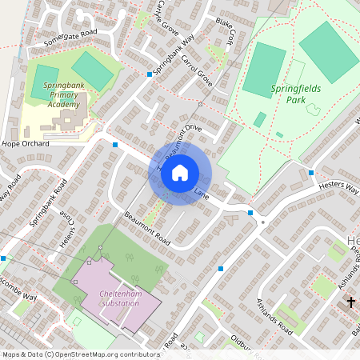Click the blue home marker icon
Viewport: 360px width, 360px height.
click(180, 172)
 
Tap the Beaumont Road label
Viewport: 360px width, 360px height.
click(148, 228)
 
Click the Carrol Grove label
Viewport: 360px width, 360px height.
click(195, 70)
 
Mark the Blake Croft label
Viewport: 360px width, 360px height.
click(225, 31)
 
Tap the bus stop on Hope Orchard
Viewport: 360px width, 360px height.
click(115, 145)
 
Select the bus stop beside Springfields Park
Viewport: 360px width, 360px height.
click(310, 172)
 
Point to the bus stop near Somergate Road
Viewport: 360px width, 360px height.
click(149, 74)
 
